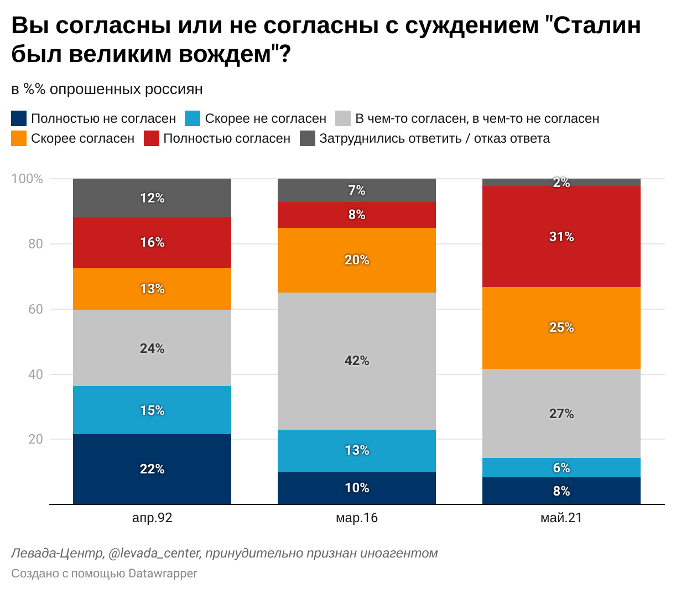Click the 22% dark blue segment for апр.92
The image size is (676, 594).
(152, 469)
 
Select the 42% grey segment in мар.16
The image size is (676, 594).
(357, 361)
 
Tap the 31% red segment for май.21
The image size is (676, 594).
(561, 237)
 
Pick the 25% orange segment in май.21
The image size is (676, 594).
(561, 327)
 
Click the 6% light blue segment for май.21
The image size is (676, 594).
(561, 467)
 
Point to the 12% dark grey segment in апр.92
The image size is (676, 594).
(152, 198)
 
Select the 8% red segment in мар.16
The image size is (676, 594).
(357, 215)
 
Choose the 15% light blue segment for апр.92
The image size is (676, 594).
(152, 410)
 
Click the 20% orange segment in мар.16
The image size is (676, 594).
(357, 260)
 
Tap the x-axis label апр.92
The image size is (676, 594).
(152, 518)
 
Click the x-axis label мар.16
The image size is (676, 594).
(357, 518)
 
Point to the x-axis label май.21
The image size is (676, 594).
(561, 518)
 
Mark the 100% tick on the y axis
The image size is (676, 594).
(27, 179)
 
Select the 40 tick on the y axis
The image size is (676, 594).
(35, 374)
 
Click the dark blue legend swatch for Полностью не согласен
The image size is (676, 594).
(19, 118)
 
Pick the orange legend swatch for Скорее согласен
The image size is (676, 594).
(19, 138)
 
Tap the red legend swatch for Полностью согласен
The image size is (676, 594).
(152, 138)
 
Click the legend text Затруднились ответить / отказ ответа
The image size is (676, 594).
(434, 138)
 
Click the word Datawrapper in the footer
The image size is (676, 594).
(163, 574)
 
